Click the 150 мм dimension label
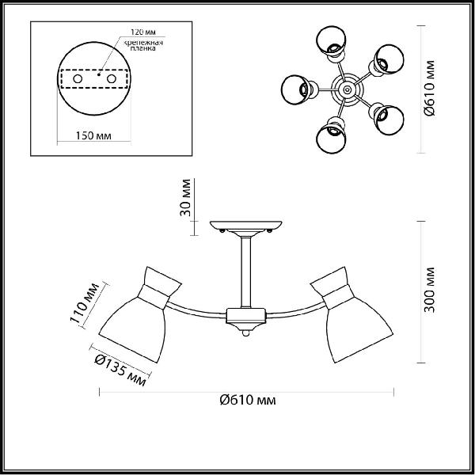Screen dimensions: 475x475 [93, 135]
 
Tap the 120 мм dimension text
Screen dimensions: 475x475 [143, 32]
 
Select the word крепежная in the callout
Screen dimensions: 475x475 [143, 43]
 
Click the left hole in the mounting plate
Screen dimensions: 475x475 [78, 78]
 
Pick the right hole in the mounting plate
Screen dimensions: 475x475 [111, 78]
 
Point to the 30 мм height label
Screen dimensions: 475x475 [185, 197]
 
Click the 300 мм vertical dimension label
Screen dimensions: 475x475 [429, 290]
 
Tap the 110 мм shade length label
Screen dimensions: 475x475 [84, 302]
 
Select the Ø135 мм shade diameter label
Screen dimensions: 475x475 [120, 370]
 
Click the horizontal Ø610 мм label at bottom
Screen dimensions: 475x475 [248, 400]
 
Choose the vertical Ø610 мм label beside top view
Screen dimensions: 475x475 [429, 88]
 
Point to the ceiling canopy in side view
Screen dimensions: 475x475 [246, 226]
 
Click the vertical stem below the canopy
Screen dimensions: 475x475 [246, 272]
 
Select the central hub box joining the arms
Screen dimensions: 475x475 [246, 315]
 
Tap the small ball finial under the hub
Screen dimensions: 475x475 [246, 333]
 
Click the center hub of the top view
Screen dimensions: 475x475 [347, 89]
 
